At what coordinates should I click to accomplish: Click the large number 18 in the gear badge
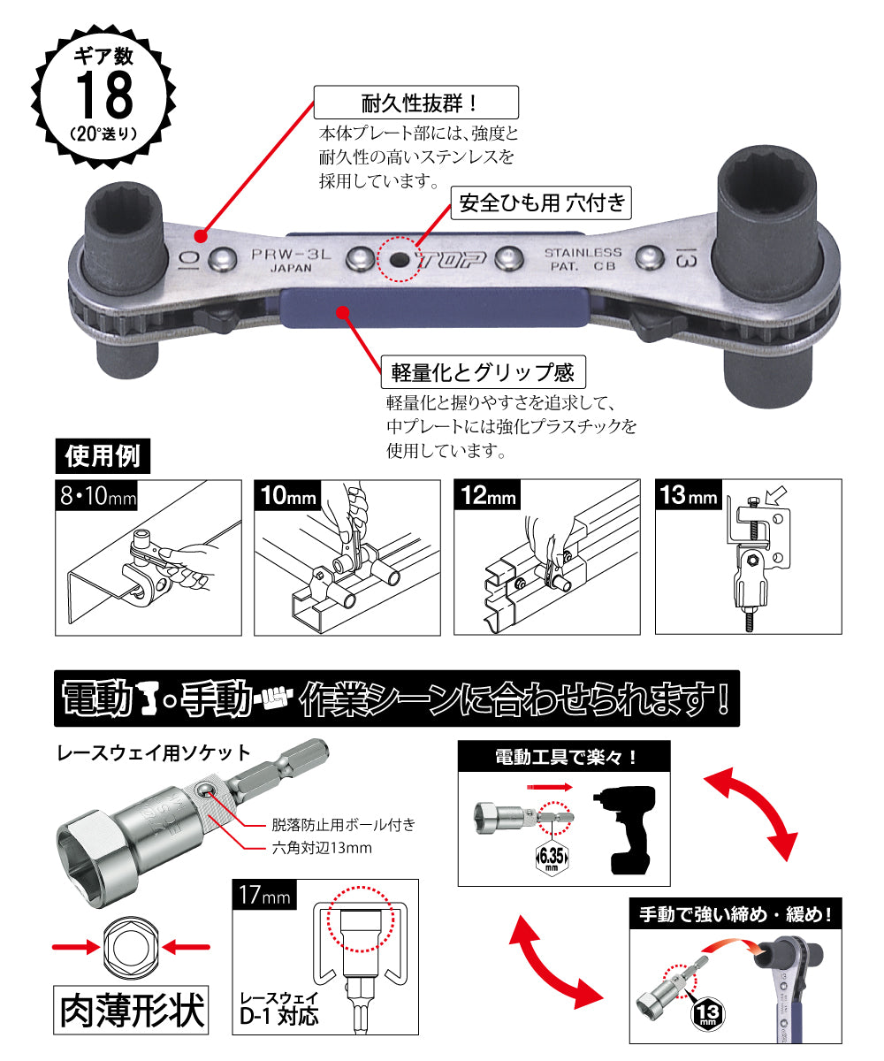(x=104, y=95)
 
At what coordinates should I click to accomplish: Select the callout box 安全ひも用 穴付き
(x=541, y=202)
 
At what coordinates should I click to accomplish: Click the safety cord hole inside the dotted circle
(x=400, y=259)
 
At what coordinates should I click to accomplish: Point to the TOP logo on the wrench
(x=451, y=260)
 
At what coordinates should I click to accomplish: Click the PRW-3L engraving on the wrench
(x=291, y=254)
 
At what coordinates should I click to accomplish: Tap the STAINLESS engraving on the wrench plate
(x=583, y=253)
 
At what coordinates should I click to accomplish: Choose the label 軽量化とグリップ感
(x=484, y=372)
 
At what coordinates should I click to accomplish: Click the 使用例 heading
(x=103, y=456)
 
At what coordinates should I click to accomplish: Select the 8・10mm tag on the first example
(x=96, y=495)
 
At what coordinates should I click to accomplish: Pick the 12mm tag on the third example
(x=487, y=495)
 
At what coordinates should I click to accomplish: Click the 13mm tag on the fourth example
(x=688, y=495)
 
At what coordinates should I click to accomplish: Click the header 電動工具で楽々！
(x=564, y=757)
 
